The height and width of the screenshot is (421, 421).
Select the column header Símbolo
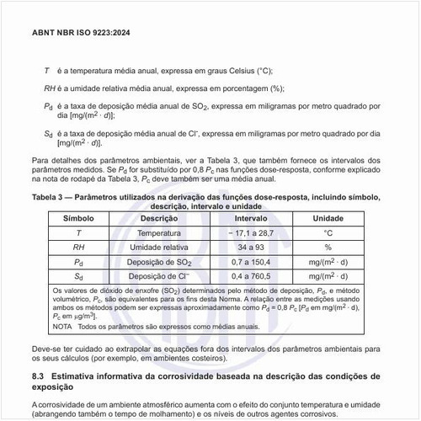pyautogui.click(x=77, y=217)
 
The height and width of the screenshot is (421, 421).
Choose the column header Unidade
pyautogui.click(x=328, y=217)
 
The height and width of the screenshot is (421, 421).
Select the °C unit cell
pyautogui.click(x=328, y=232)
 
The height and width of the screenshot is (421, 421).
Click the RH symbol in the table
pyautogui.click(x=77, y=247)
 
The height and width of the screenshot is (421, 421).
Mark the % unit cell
pyautogui.click(x=328, y=247)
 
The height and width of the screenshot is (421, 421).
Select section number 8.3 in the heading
pyautogui.click(x=38, y=375)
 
